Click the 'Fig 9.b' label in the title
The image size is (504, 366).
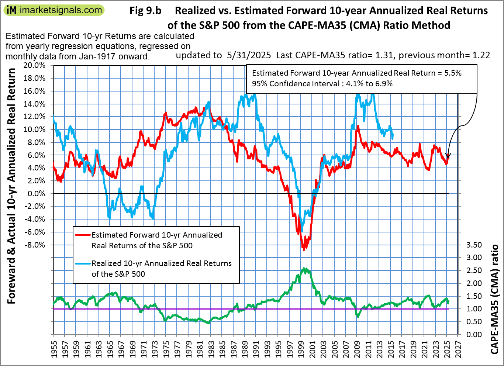145,11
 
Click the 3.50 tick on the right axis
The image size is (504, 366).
474,245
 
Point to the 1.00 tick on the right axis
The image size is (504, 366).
474,309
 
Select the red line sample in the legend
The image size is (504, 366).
83,235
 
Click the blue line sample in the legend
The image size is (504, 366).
83,263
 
